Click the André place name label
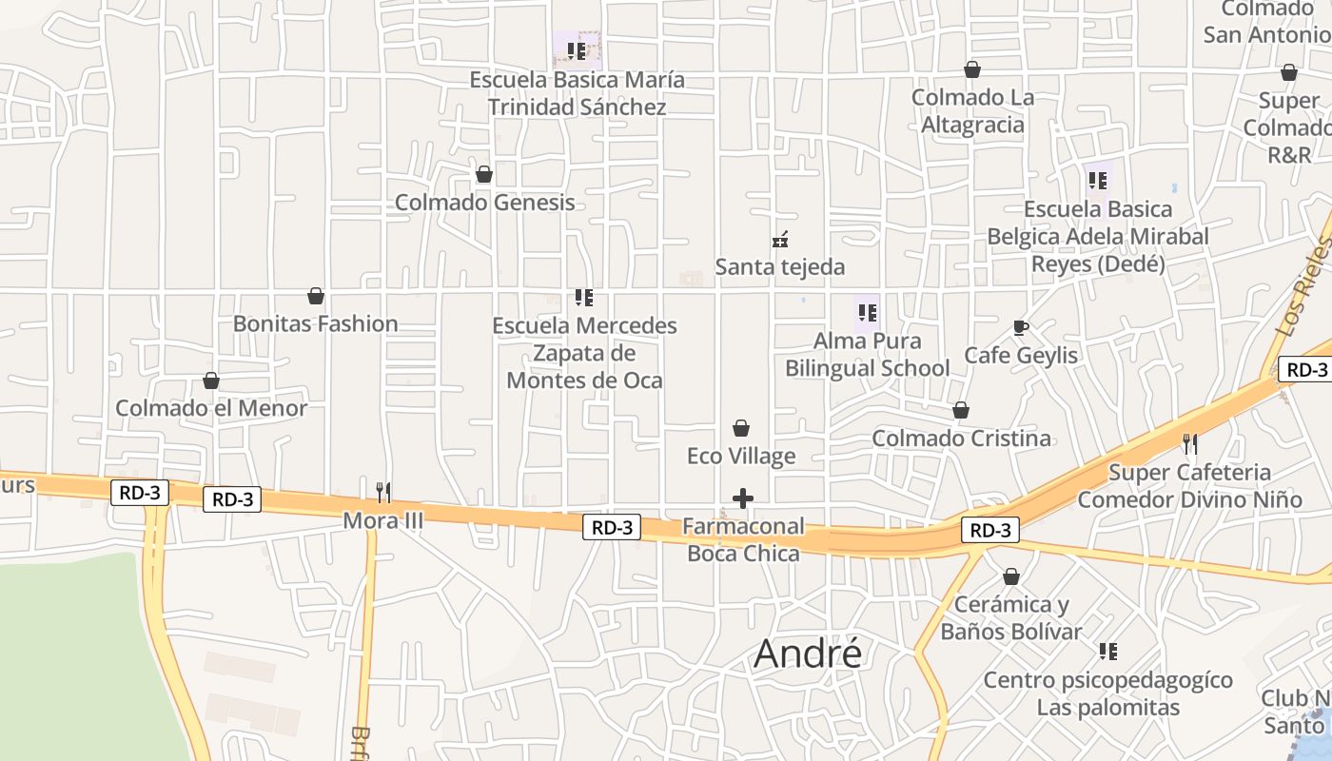pos(808,654)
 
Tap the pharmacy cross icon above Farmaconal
pos(743,498)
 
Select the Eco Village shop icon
pos(741,429)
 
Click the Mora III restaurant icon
pos(383,492)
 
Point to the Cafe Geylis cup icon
pos(1021,328)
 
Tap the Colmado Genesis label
pos(484,202)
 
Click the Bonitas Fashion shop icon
pos(316,297)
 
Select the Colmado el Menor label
pos(211,408)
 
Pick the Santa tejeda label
pos(780,266)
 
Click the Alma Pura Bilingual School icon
pos(867,312)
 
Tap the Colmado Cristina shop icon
pos(961,411)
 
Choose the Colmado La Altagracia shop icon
pos(972,69)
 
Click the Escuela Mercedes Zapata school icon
pos(584,298)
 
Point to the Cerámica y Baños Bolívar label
pos(1011,617)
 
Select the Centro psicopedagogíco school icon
pos(1108,652)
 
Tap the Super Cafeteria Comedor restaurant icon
pos(1189,443)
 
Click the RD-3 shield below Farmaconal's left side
pos(612,527)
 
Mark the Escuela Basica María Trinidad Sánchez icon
pos(577,50)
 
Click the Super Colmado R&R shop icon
pos(1289,73)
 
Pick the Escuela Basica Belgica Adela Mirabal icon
pos(1098,180)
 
